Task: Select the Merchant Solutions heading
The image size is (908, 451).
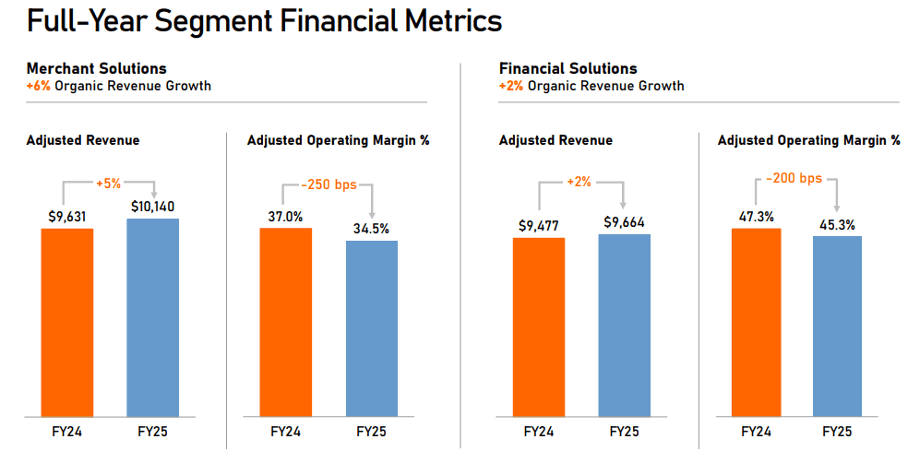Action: tap(97, 68)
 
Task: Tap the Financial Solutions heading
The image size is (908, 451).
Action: tap(567, 68)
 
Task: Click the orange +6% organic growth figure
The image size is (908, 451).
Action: tap(39, 86)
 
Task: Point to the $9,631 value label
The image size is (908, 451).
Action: tap(67, 217)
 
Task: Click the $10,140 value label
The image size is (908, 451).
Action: tap(153, 207)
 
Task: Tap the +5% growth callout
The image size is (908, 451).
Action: tap(109, 184)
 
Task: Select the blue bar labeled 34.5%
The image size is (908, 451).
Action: tap(372, 327)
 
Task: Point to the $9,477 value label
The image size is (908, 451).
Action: tap(538, 226)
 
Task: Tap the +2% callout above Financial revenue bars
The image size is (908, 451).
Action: tap(580, 183)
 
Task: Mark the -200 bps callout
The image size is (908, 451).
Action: tap(794, 178)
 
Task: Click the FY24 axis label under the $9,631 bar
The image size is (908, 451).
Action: tap(67, 432)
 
